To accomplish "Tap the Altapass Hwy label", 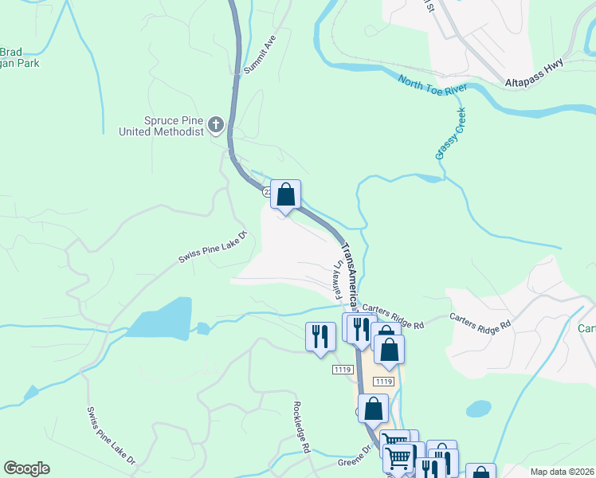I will point(534,72).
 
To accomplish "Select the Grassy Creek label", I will point(450,133).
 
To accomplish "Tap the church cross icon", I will point(216,125).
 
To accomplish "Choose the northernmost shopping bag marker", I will point(285,194).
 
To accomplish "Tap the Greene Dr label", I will point(355,458).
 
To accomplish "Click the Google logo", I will point(26,468).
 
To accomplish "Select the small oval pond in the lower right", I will point(478,409).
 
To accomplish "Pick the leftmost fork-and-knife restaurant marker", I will point(320,335).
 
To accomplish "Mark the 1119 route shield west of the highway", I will point(343,370).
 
